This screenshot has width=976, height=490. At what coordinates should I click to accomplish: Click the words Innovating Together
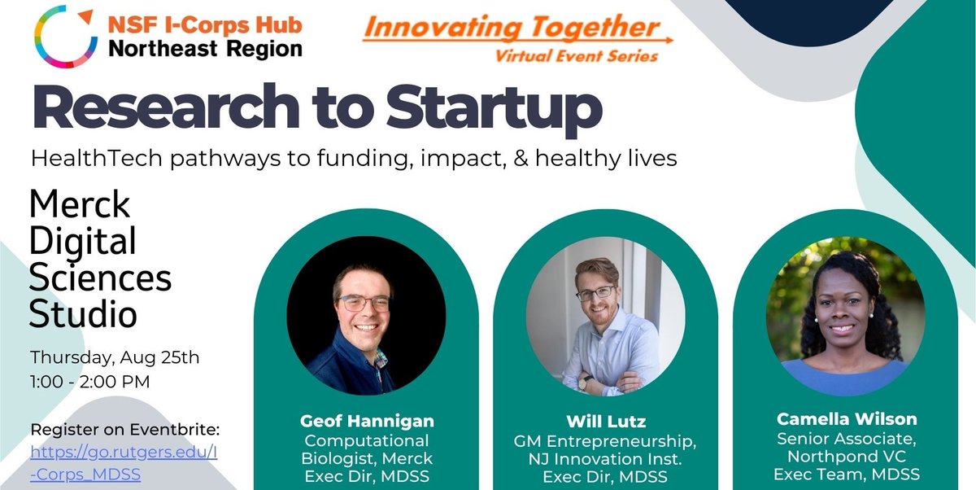[x=512, y=28]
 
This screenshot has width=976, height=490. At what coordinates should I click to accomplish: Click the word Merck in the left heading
[x=79, y=205]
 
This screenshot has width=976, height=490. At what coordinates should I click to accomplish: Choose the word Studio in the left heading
[x=84, y=314]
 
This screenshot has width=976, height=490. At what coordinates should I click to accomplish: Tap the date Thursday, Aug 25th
[x=114, y=357]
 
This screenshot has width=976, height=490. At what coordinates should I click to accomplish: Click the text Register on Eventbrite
[x=125, y=429]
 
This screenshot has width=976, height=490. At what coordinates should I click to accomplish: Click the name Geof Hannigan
[x=366, y=422]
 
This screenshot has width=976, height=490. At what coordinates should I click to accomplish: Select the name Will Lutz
[x=605, y=422]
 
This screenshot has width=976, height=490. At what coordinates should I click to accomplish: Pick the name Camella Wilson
[x=846, y=419]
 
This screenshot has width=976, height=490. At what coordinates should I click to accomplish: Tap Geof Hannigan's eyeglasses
[x=365, y=303]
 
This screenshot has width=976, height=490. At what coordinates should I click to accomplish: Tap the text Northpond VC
[x=846, y=457]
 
